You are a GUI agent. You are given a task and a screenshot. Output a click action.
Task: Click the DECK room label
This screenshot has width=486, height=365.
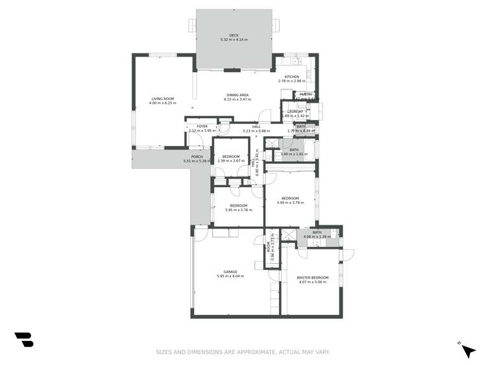click(234, 35)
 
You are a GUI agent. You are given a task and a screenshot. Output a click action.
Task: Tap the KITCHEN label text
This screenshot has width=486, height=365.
click(291, 77)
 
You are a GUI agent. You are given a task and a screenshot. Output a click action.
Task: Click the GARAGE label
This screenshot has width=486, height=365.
click(230, 271)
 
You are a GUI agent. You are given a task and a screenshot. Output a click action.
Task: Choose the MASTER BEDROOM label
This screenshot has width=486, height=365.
click(313, 277)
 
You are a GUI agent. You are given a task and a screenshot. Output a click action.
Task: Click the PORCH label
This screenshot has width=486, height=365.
click(197, 157)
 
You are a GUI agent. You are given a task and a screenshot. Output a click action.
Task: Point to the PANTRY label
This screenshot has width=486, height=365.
click(306, 95)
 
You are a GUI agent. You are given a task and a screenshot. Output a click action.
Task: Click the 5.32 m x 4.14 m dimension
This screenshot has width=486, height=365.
click(234, 40)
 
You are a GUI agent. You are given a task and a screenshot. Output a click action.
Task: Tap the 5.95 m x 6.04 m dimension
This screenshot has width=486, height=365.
click(230, 276)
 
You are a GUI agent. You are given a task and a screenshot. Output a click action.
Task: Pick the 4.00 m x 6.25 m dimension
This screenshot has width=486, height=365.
click(163, 103)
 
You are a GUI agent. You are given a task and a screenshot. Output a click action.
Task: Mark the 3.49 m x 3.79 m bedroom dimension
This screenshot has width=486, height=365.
click(290, 203)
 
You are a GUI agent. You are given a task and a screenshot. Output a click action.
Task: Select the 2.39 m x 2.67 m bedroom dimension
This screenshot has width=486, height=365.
click(231, 161)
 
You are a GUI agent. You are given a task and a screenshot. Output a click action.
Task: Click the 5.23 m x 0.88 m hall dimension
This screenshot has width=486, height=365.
click(247, 131)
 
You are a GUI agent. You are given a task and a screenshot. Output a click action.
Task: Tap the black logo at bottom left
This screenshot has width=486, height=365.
click(24, 339)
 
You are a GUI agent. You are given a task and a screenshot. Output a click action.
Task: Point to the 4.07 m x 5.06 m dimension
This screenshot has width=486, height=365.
click(313, 282)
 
